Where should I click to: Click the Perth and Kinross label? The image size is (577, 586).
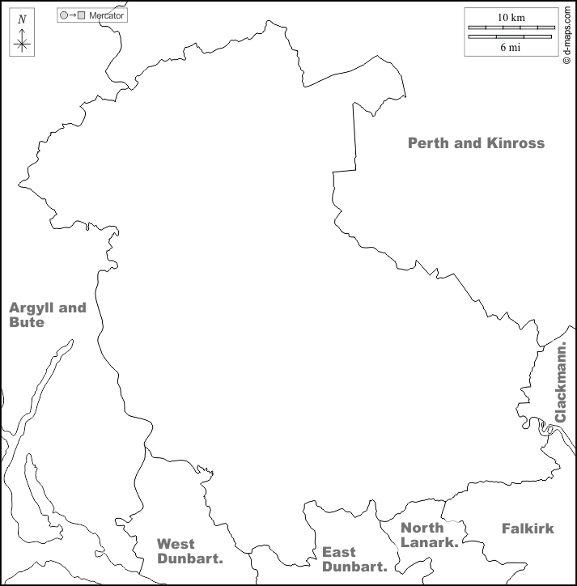point(476,143)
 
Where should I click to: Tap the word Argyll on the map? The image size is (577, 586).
point(29,308)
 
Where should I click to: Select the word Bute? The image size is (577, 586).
point(26,322)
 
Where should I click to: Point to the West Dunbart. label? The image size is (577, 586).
point(189,551)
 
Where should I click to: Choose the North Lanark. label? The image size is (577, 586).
point(429,535)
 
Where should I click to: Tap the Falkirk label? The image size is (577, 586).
point(528,529)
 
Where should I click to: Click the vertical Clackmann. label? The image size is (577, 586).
point(561,382)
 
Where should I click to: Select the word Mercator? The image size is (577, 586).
point(106,15)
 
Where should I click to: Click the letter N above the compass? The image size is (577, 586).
point(22,19)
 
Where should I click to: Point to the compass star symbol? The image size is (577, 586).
point(22,44)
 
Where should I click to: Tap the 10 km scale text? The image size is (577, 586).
point(510,17)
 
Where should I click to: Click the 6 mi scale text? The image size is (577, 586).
point(510,47)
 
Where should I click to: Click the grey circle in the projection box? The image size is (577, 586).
point(64,15)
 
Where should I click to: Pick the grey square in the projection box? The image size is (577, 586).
point(81,15)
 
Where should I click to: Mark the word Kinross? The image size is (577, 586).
point(515,143)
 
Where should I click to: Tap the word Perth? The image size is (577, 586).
point(429,143)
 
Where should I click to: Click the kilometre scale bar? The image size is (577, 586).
point(510,28)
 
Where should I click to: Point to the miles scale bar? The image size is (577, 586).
point(510,36)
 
